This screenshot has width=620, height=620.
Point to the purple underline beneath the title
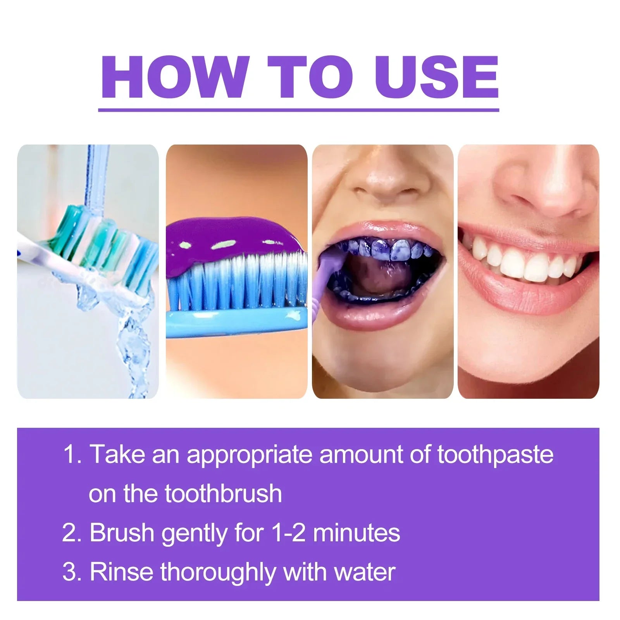point(298,110)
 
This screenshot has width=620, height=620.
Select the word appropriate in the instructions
point(249,454)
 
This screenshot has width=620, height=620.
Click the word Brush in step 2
point(122,532)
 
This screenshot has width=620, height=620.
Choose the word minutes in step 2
point(356,532)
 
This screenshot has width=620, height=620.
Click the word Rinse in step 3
point(121,572)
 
